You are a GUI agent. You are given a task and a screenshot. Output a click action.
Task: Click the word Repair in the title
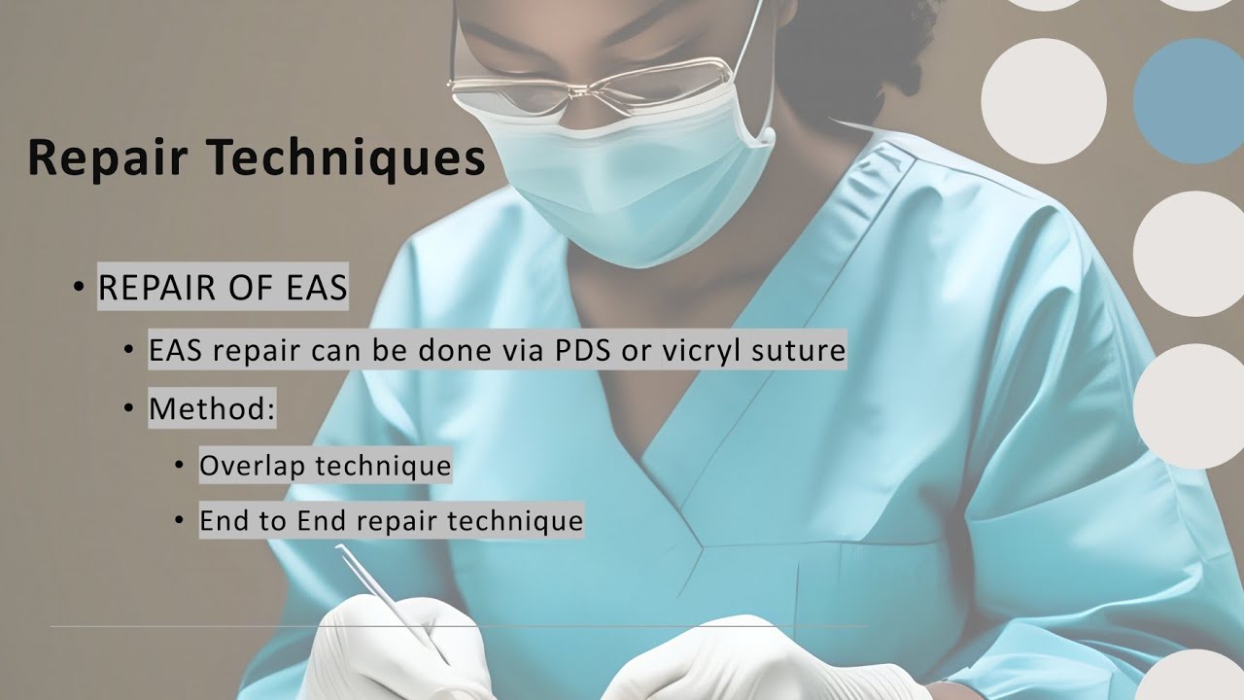click(x=108, y=159)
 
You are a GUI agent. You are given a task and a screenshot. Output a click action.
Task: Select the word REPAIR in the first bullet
click(x=156, y=287)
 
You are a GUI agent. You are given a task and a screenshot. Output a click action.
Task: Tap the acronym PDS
click(x=580, y=350)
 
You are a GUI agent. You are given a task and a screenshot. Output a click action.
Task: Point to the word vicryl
click(x=693, y=352)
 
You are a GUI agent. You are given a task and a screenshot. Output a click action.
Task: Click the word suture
click(x=798, y=351)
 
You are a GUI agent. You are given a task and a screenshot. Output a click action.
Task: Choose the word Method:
click(x=212, y=408)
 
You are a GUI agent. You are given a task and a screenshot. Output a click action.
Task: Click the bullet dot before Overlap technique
click(x=179, y=465)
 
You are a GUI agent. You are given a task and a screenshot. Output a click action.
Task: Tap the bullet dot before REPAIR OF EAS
click(x=79, y=287)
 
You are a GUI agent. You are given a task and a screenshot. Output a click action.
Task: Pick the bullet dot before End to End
click(x=179, y=520)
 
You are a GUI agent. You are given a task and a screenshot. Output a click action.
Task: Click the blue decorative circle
click(x=1189, y=101)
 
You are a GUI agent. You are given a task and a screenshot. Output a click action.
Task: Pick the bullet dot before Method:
click(x=129, y=408)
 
